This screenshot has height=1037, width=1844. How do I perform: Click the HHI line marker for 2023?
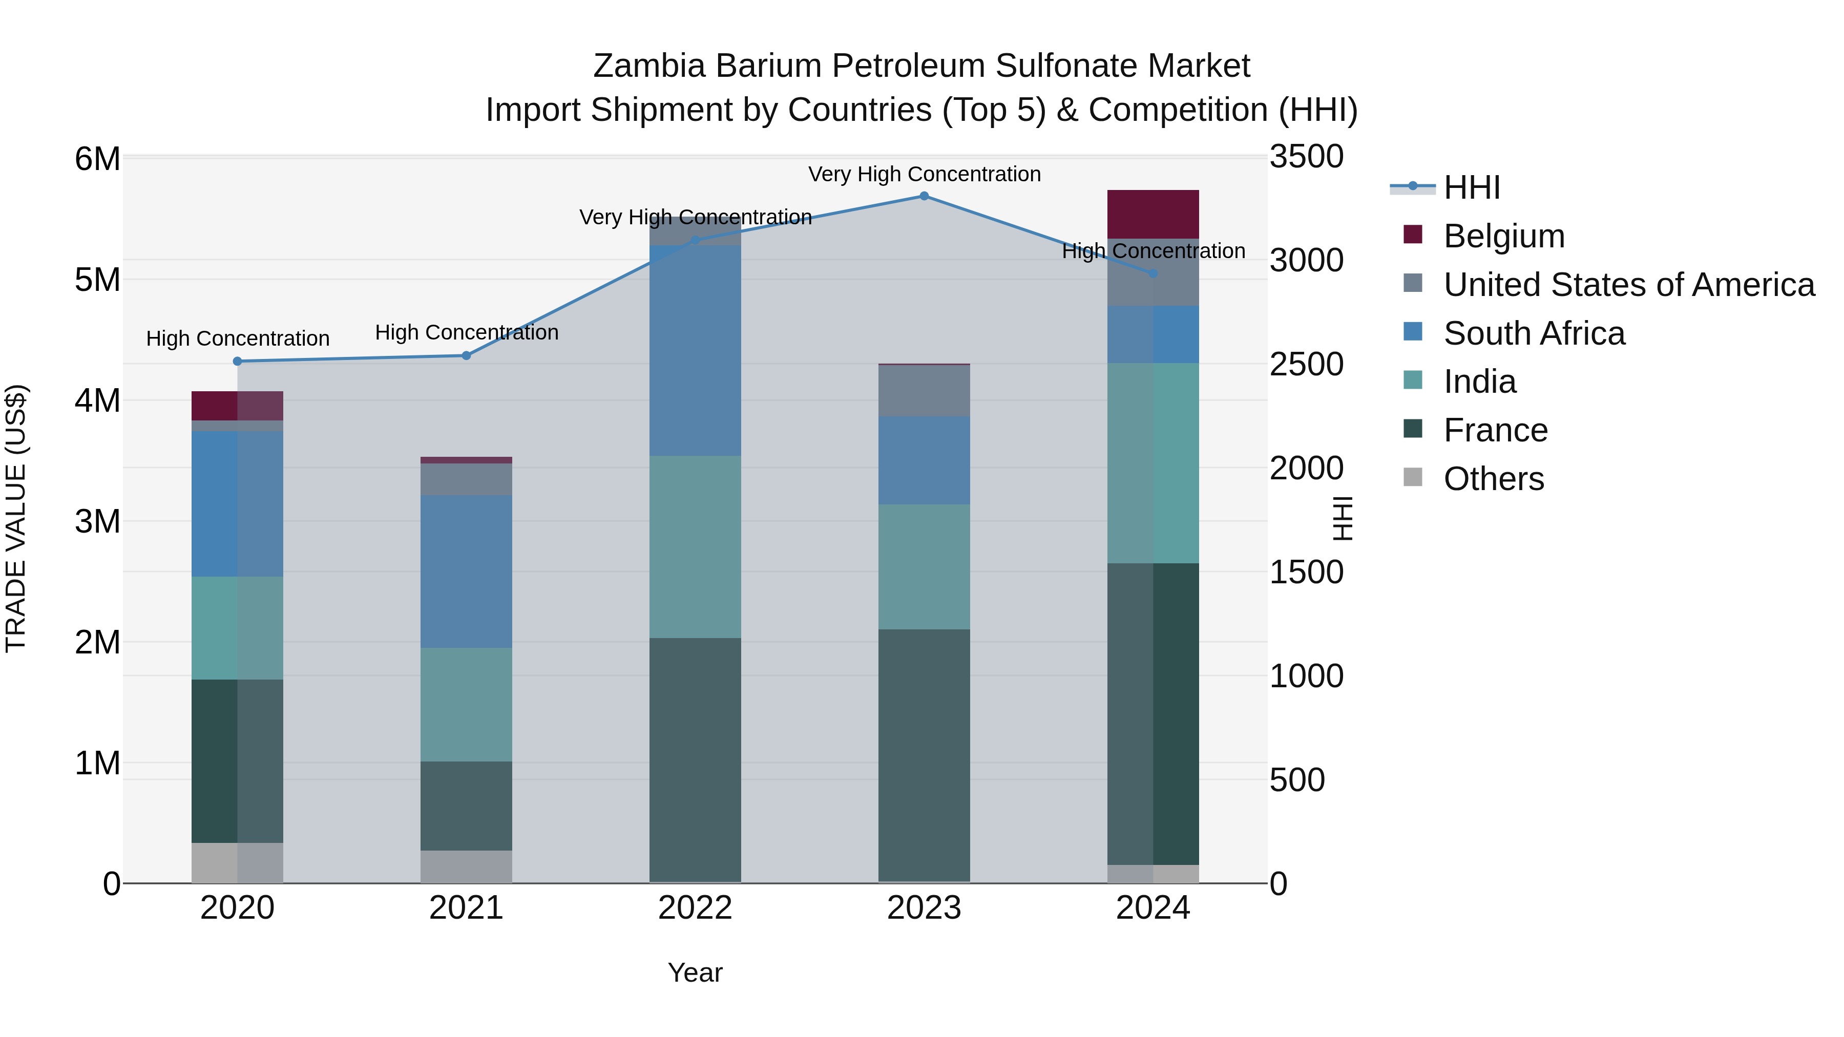coord(924,196)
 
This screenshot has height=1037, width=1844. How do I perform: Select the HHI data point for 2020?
coord(238,362)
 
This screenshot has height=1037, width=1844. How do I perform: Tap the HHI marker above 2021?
coord(466,356)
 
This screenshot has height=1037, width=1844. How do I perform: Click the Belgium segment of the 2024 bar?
coord(1152,214)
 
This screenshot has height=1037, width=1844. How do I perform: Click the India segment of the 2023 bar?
coord(924,567)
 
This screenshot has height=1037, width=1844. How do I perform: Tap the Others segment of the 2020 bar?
coord(238,862)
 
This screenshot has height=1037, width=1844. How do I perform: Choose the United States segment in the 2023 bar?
coord(924,391)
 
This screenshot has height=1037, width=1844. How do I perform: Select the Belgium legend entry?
coord(1503,236)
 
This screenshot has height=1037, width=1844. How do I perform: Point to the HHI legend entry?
coord(1471,187)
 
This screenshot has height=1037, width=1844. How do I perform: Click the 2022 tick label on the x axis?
coord(695,908)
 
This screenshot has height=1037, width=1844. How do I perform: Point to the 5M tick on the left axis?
coord(98,280)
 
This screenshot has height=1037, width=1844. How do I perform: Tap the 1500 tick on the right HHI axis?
coord(1306,573)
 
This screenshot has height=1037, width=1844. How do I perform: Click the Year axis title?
coord(695,972)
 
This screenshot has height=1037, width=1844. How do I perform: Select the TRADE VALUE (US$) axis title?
coord(16,518)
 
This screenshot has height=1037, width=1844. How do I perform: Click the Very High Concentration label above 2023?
coord(924,174)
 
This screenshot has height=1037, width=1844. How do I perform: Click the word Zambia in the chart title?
coord(648,66)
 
